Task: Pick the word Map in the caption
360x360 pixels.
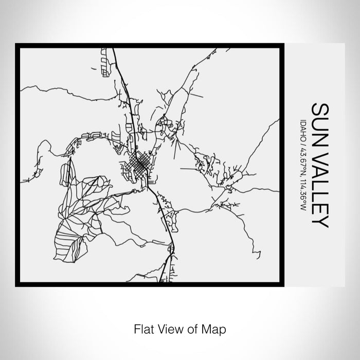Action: point(214,328)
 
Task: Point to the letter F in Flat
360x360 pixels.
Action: point(136,328)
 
